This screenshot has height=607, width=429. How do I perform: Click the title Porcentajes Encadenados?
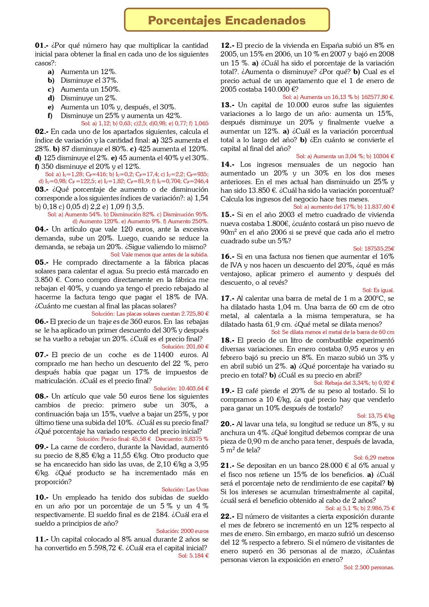coord(227,20)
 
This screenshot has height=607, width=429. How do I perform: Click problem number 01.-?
coord(41,45)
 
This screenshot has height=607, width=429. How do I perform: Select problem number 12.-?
coord(227,45)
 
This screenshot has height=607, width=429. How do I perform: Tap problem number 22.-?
coord(227,516)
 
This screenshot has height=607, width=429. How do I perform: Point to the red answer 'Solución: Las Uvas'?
coord(185,489)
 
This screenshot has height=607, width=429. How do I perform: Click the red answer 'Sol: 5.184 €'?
coord(193,555)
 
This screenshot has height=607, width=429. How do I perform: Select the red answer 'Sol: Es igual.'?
coord(378,290)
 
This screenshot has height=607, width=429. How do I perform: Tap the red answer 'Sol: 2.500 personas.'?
coord(369,567)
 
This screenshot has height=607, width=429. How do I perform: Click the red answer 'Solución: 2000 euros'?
coord(182,531)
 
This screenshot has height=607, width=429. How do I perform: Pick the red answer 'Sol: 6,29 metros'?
coord(374,457)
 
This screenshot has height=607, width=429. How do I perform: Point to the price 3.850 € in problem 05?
coord(48,280)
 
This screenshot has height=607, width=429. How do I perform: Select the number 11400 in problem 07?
coord(164,355)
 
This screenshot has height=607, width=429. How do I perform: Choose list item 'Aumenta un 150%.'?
coord(91,89)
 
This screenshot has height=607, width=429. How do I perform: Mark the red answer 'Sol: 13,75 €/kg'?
coord(375,416)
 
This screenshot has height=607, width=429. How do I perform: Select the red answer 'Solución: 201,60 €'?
coord(185,346)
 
